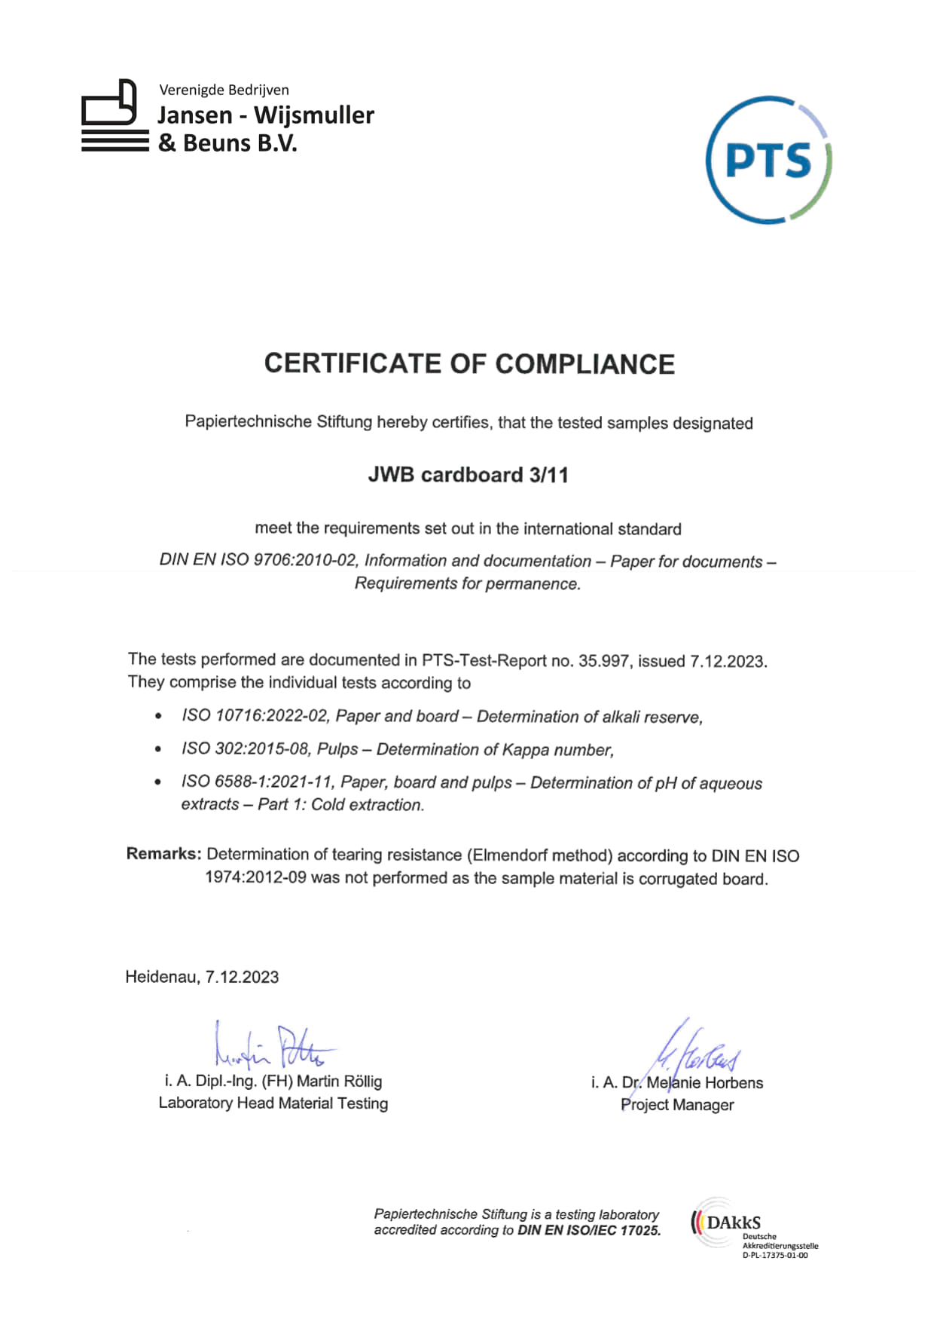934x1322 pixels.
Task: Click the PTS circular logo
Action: (x=768, y=160)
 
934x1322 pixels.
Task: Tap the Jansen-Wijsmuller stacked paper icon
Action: (x=114, y=116)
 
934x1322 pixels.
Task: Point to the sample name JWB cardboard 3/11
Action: (x=468, y=475)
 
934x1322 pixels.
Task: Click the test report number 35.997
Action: (x=603, y=661)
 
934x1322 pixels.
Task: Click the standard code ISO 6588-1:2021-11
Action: (x=256, y=782)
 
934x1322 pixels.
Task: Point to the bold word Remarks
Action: (x=163, y=854)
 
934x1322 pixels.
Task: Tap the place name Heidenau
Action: (x=162, y=977)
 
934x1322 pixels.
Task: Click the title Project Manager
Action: (x=677, y=1105)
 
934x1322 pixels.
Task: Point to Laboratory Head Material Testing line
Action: (x=273, y=1103)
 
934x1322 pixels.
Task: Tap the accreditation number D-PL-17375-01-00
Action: (x=775, y=1256)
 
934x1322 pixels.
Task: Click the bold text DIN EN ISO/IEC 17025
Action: (x=589, y=1231)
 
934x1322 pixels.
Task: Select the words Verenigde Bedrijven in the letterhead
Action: (x=224, y=90)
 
